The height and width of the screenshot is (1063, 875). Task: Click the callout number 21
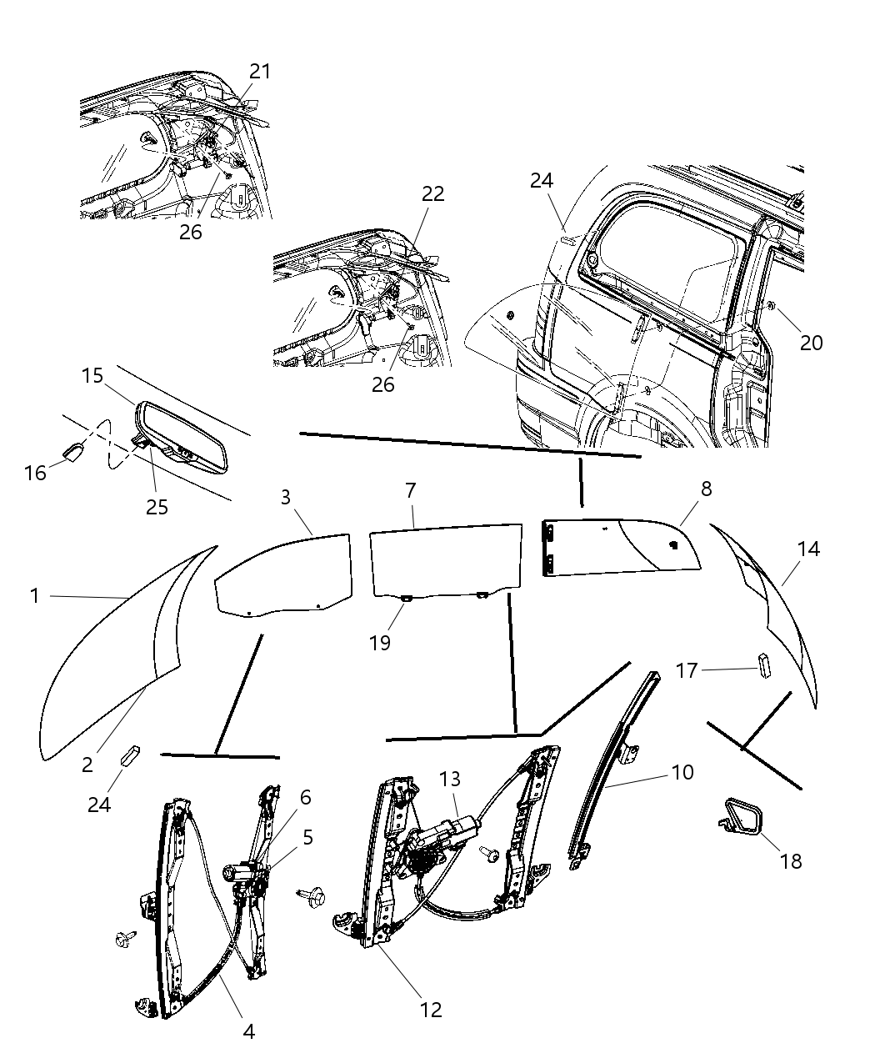[260, 72]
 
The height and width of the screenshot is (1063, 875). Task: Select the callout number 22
[432, 194]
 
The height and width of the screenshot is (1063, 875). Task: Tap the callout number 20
[811, 342]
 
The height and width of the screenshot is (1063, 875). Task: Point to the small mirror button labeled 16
[72, 451]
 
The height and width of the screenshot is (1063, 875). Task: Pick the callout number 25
[157, 506]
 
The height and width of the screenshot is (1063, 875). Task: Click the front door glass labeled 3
[283, 575]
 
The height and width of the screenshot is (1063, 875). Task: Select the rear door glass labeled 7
[446, 560]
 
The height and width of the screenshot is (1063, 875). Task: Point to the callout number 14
[807, 549]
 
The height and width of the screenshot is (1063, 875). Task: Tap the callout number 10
[682, 772]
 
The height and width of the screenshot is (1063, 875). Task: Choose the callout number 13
[450, 779]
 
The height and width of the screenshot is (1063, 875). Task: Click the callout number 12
[431, 1010]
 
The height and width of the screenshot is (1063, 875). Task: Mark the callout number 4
[248, 1031]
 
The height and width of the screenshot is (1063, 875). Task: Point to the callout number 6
[305, 798]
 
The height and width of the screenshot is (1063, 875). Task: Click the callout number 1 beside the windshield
[34, 595]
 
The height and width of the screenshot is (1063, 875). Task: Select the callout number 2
[87, 764]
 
